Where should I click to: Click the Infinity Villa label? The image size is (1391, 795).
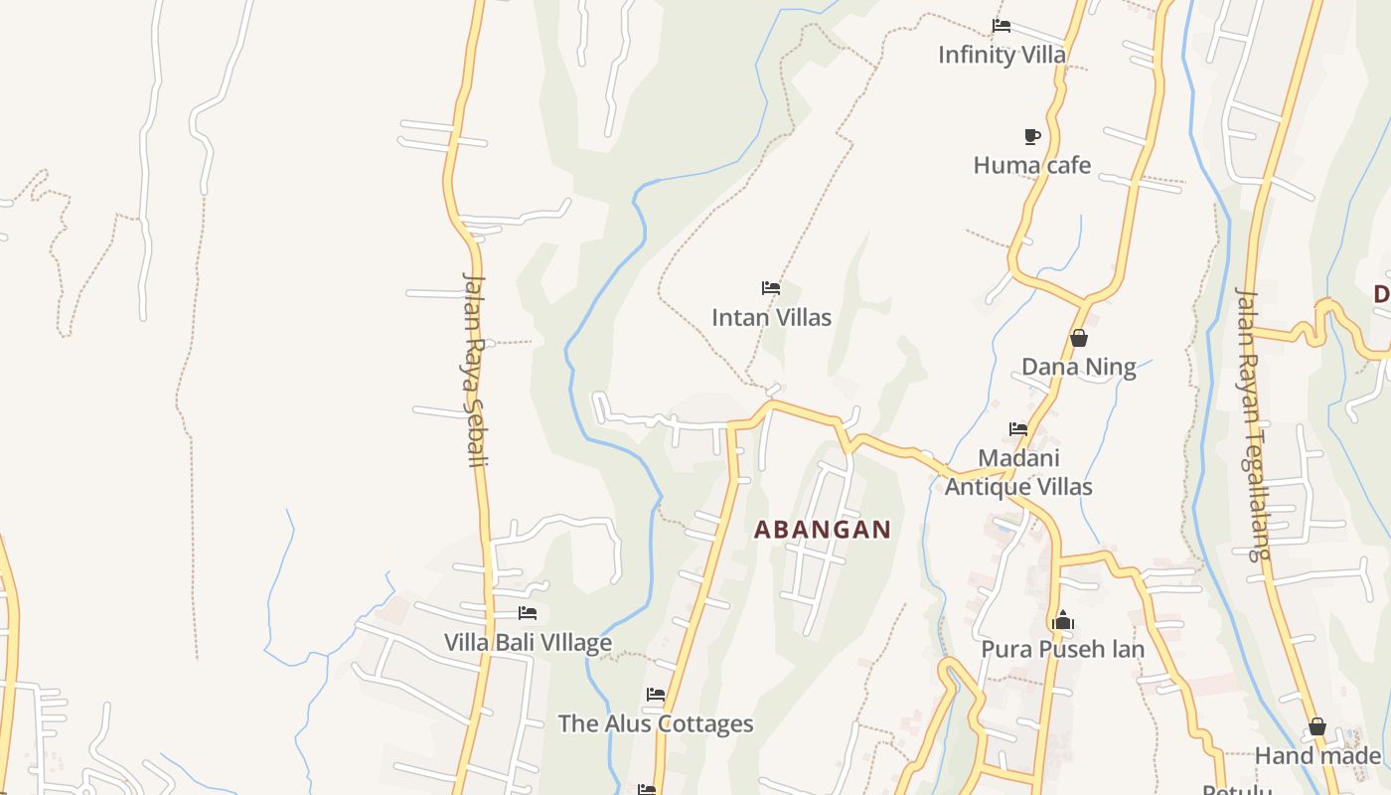tap(1002, 55)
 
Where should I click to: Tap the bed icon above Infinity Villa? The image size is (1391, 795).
tap(1002, 26)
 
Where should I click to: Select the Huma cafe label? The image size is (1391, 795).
tap(1031, 165)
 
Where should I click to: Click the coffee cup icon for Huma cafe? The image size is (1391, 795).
tap(1032, 136)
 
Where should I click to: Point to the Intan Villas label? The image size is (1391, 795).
tap(771, 318)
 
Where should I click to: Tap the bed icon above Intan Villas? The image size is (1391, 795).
tap(771, 289)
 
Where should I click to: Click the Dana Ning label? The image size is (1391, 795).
tap(1078, 367)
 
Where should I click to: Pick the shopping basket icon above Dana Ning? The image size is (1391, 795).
tap(1079, 338)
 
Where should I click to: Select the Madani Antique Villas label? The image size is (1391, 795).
tap(1018, 472)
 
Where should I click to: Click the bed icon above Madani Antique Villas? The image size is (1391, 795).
tap(1018, 429)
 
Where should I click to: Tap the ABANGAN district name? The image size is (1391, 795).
tap(823, 530)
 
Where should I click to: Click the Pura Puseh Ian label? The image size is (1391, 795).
tap(1062, 650)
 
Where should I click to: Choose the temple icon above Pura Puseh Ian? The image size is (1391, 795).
tap(1063, 621)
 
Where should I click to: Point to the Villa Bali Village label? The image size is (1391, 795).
tap(528, 643)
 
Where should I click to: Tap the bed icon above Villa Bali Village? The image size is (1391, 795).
tap(528, 613)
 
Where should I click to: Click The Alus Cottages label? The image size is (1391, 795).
tap(656, 723)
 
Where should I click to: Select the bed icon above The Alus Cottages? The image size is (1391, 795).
tap(656, 695)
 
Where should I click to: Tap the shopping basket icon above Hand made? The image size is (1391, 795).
tap(1317, 727)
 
